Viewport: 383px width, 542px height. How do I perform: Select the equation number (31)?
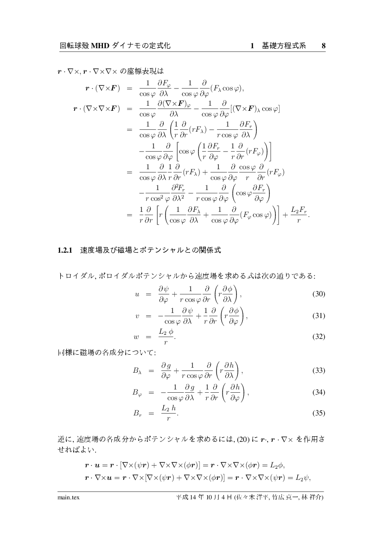[318, 316]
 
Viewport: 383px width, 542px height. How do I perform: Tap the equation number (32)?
[318, 337]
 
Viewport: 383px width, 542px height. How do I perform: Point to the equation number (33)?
[318, 371]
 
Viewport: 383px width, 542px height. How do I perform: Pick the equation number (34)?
[318, 392]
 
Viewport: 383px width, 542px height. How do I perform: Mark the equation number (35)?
[318, 413]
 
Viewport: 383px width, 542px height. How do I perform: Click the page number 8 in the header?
[324, 46]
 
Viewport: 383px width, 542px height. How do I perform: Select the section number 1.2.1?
[66, 251]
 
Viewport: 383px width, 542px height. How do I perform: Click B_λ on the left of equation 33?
[137, 371]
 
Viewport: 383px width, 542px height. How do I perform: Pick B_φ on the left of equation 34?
[137, 393]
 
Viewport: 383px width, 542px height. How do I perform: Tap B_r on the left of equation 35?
[137, 414]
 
